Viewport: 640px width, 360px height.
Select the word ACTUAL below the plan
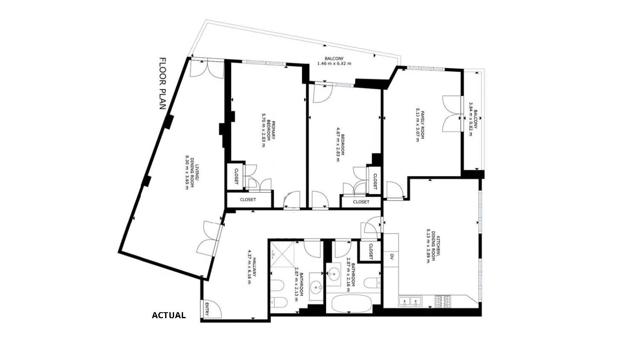point(169,316)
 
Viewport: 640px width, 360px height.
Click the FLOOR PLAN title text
point(163,84)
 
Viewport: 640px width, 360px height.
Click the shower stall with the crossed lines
point(282,254)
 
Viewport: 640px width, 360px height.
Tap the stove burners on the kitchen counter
point(442,302)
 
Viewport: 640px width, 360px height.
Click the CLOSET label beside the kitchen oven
point(371,251)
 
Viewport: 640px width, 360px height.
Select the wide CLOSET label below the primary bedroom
point(248,200)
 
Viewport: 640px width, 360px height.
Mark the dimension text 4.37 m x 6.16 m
point(249,267)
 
